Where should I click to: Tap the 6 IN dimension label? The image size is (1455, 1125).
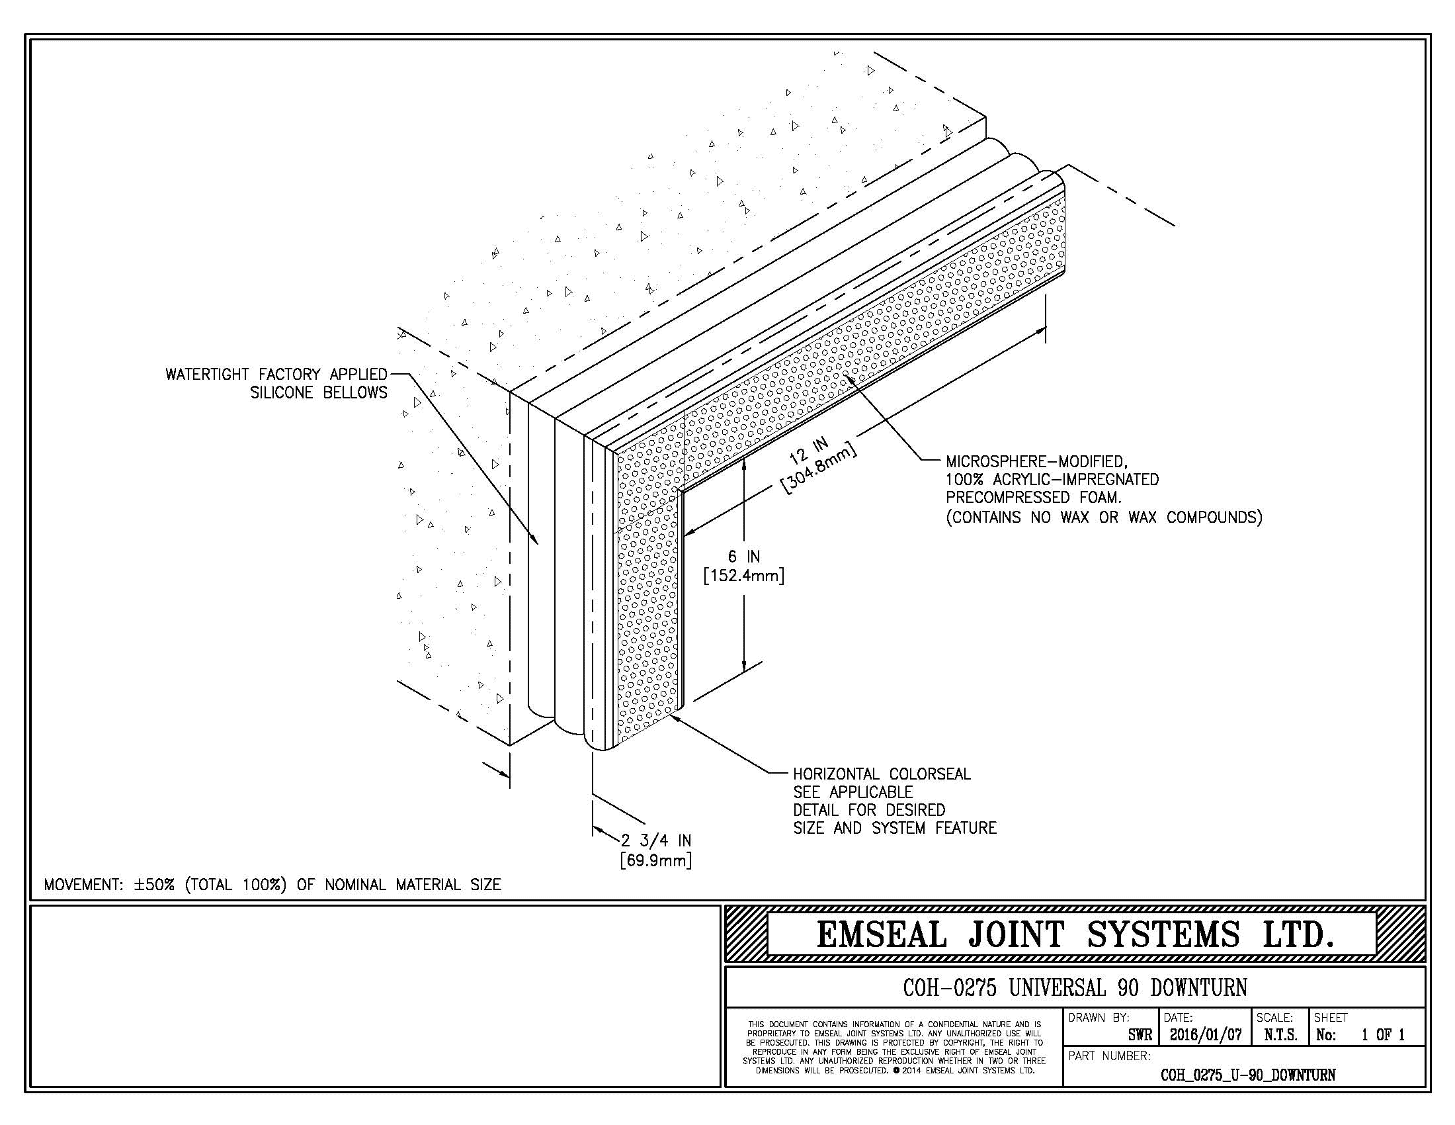[x=743, y=557]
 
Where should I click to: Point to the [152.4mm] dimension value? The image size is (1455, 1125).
[x=743, y=575]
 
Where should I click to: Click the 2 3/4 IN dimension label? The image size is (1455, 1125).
[x=656, y=840]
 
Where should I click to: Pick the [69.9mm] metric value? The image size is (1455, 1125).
[x=655, y=860]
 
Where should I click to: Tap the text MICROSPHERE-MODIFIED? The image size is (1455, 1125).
[x=1036, y=461]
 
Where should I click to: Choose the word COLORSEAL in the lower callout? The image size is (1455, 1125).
[x=929, y=774]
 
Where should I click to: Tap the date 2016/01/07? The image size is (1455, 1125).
[x=1205, y=1036]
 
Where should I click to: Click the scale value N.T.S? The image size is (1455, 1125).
[x=1280, y=1036]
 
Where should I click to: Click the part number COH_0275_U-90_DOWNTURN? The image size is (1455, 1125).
[x=1248, y=1075]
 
